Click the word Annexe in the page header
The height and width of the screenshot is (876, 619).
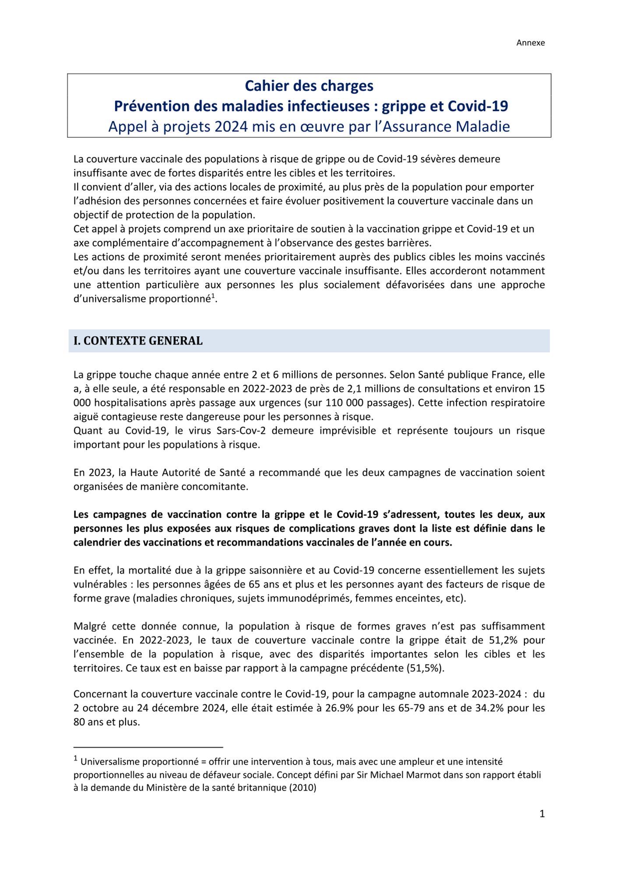click(x=530, y=43)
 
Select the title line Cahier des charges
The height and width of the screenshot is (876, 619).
click(x=309, y=86)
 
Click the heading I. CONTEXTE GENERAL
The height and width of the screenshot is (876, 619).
click(x=138, y=341)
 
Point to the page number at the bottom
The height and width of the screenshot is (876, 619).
click(x=542, y=814)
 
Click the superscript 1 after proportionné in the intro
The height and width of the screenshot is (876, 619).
click(x=213, y=297)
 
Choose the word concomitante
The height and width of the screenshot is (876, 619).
click(x=219, y=487)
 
